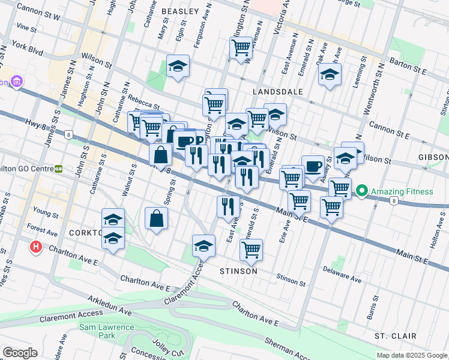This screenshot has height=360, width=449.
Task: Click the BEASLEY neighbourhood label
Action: coord(179,11)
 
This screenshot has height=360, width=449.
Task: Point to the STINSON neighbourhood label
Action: coord(238,271)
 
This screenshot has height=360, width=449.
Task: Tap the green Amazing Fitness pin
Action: coord(362,191)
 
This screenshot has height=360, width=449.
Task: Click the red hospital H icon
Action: coord(36,246)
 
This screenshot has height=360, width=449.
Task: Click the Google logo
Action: coord(20,353)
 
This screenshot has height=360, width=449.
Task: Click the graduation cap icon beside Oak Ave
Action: coord(330,74)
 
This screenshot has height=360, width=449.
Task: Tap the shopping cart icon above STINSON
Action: coord(252,248)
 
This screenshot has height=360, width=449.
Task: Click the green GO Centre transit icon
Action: coord(59,170)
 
